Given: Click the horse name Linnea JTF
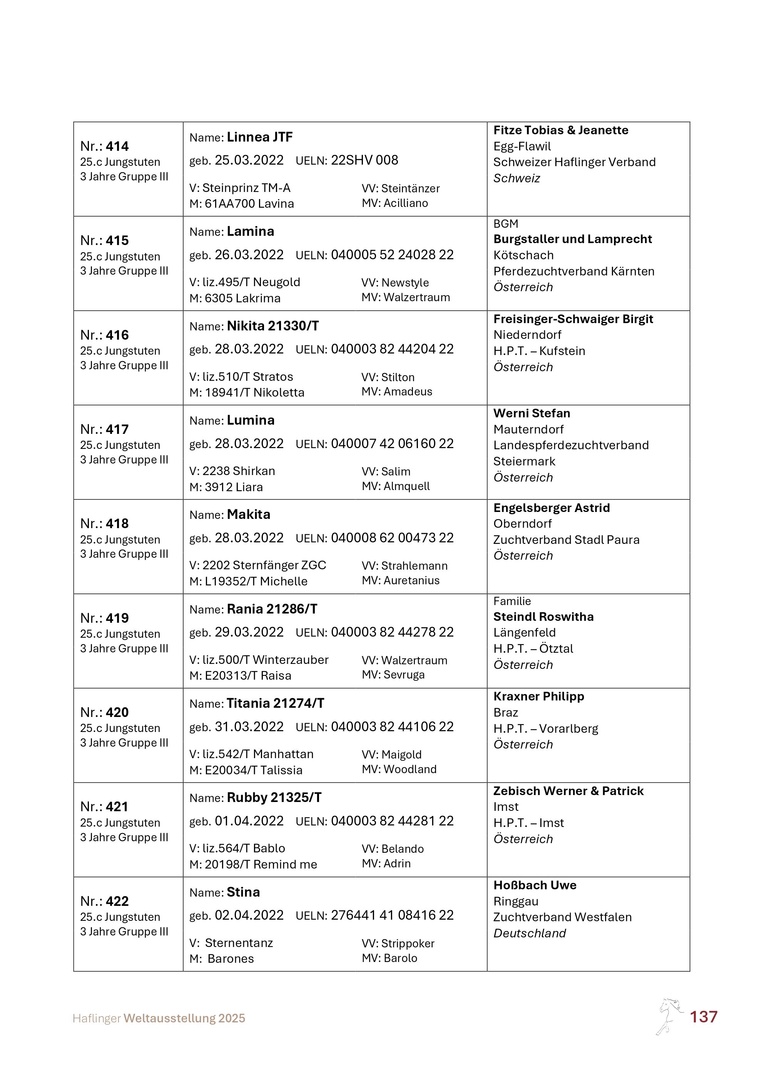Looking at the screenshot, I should tap(259, 137).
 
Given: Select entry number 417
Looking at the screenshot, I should tap(117, 429).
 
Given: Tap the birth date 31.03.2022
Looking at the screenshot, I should tap(249, 727).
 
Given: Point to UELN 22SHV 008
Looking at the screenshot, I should tap(364, 160).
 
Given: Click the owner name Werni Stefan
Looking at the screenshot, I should tap(531, 413).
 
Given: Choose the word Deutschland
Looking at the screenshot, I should tap(529, 933).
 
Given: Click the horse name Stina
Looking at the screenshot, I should tap(243, 892).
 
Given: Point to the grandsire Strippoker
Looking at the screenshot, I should tap(407, 943).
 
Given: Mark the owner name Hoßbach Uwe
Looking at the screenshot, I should tap(535, 885).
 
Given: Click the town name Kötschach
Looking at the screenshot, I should tap(523, 255).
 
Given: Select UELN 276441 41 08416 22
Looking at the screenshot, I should tap(392, 915).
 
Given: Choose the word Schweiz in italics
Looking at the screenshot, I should tap(516, 178).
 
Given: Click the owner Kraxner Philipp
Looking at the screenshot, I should tap(539, 696).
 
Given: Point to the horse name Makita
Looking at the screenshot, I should tap(249, 515).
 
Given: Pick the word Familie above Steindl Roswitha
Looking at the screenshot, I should tap(512, 601).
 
